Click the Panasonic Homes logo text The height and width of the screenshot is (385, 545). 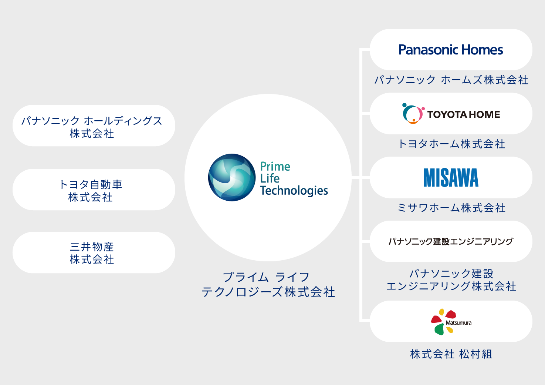[x=450, y=50]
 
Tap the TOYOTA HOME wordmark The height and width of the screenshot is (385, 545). [x=463, y=114]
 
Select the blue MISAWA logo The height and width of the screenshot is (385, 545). [x=451, y=178]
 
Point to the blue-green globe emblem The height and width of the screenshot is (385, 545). [x=232, y=177]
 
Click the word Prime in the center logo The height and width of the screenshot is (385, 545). [x=275, y=166]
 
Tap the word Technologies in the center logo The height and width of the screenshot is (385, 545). [x=294, y=191]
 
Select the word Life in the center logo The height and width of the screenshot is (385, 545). [x=270, y=178]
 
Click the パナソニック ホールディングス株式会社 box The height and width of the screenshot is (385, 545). [x=94, y=126]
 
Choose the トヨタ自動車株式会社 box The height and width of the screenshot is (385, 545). [x=94, y=190]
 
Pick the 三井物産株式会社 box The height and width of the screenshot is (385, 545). [x=94, y=253]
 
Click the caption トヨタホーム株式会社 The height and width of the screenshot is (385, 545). [x=451, y=144]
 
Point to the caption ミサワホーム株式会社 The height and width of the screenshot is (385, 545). [x=451, y=208]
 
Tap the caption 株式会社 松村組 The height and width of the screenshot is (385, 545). [x=451, y=354]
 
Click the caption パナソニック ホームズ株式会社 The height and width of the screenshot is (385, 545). [x=451, y=80]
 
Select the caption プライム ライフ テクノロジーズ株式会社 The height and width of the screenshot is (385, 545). [x=268, y=284]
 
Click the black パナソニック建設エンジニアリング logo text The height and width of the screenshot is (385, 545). [x=451, y=241]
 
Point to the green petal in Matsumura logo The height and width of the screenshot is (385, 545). [x=439, y=329]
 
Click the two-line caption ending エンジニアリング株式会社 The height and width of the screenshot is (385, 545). [x=451, y=280]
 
